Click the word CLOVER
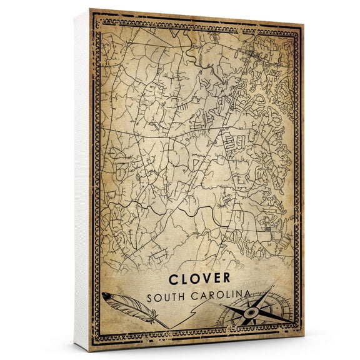pyautogui.click(x=198, y=276)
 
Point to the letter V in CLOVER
pyautogui.click(x=199, y=276)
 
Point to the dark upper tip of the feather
pyautogui.click(x=105, y=295)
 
